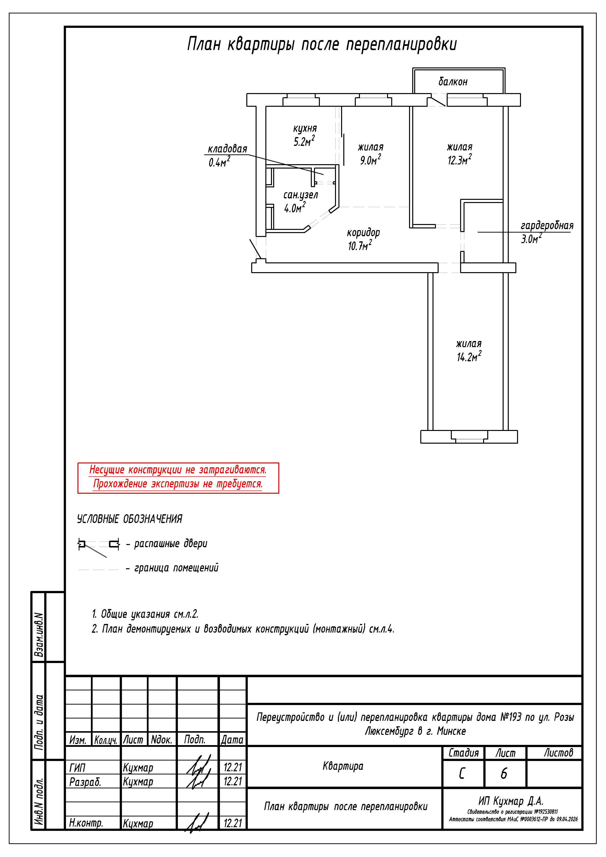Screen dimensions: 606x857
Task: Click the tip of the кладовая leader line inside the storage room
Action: pos(323,174)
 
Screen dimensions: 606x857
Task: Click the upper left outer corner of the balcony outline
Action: pos(412,68)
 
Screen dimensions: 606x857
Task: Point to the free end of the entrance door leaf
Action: pos(249,240)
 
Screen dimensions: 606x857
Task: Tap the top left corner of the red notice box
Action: pos(78,463)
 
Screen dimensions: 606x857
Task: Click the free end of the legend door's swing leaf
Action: pos(107,557)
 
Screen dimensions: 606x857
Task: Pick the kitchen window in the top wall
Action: pos(301,100)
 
